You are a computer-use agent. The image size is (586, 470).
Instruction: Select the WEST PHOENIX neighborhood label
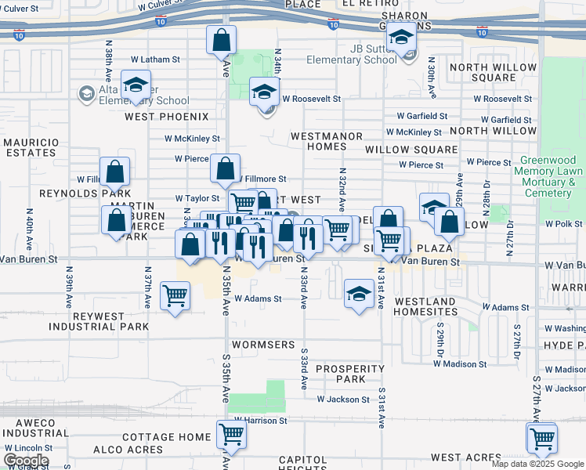[167, 117]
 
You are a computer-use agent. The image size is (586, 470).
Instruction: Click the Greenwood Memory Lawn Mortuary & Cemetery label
[552, 176]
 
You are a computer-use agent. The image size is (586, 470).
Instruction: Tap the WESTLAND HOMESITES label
[425, 306]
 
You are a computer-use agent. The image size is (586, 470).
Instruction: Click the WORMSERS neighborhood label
[262, 345]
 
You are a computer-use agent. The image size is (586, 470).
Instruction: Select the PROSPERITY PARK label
[350, 374]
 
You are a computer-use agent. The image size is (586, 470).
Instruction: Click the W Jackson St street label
[343, 399]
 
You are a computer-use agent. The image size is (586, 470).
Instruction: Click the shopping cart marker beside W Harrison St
[231, 432]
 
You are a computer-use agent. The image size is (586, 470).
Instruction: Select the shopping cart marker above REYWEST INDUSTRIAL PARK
[175, 295]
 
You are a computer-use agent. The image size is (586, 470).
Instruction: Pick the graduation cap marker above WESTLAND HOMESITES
[359, 294]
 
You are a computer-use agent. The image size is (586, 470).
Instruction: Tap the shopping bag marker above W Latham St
[222, 38]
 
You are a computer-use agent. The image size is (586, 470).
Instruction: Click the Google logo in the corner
[26, 461]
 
